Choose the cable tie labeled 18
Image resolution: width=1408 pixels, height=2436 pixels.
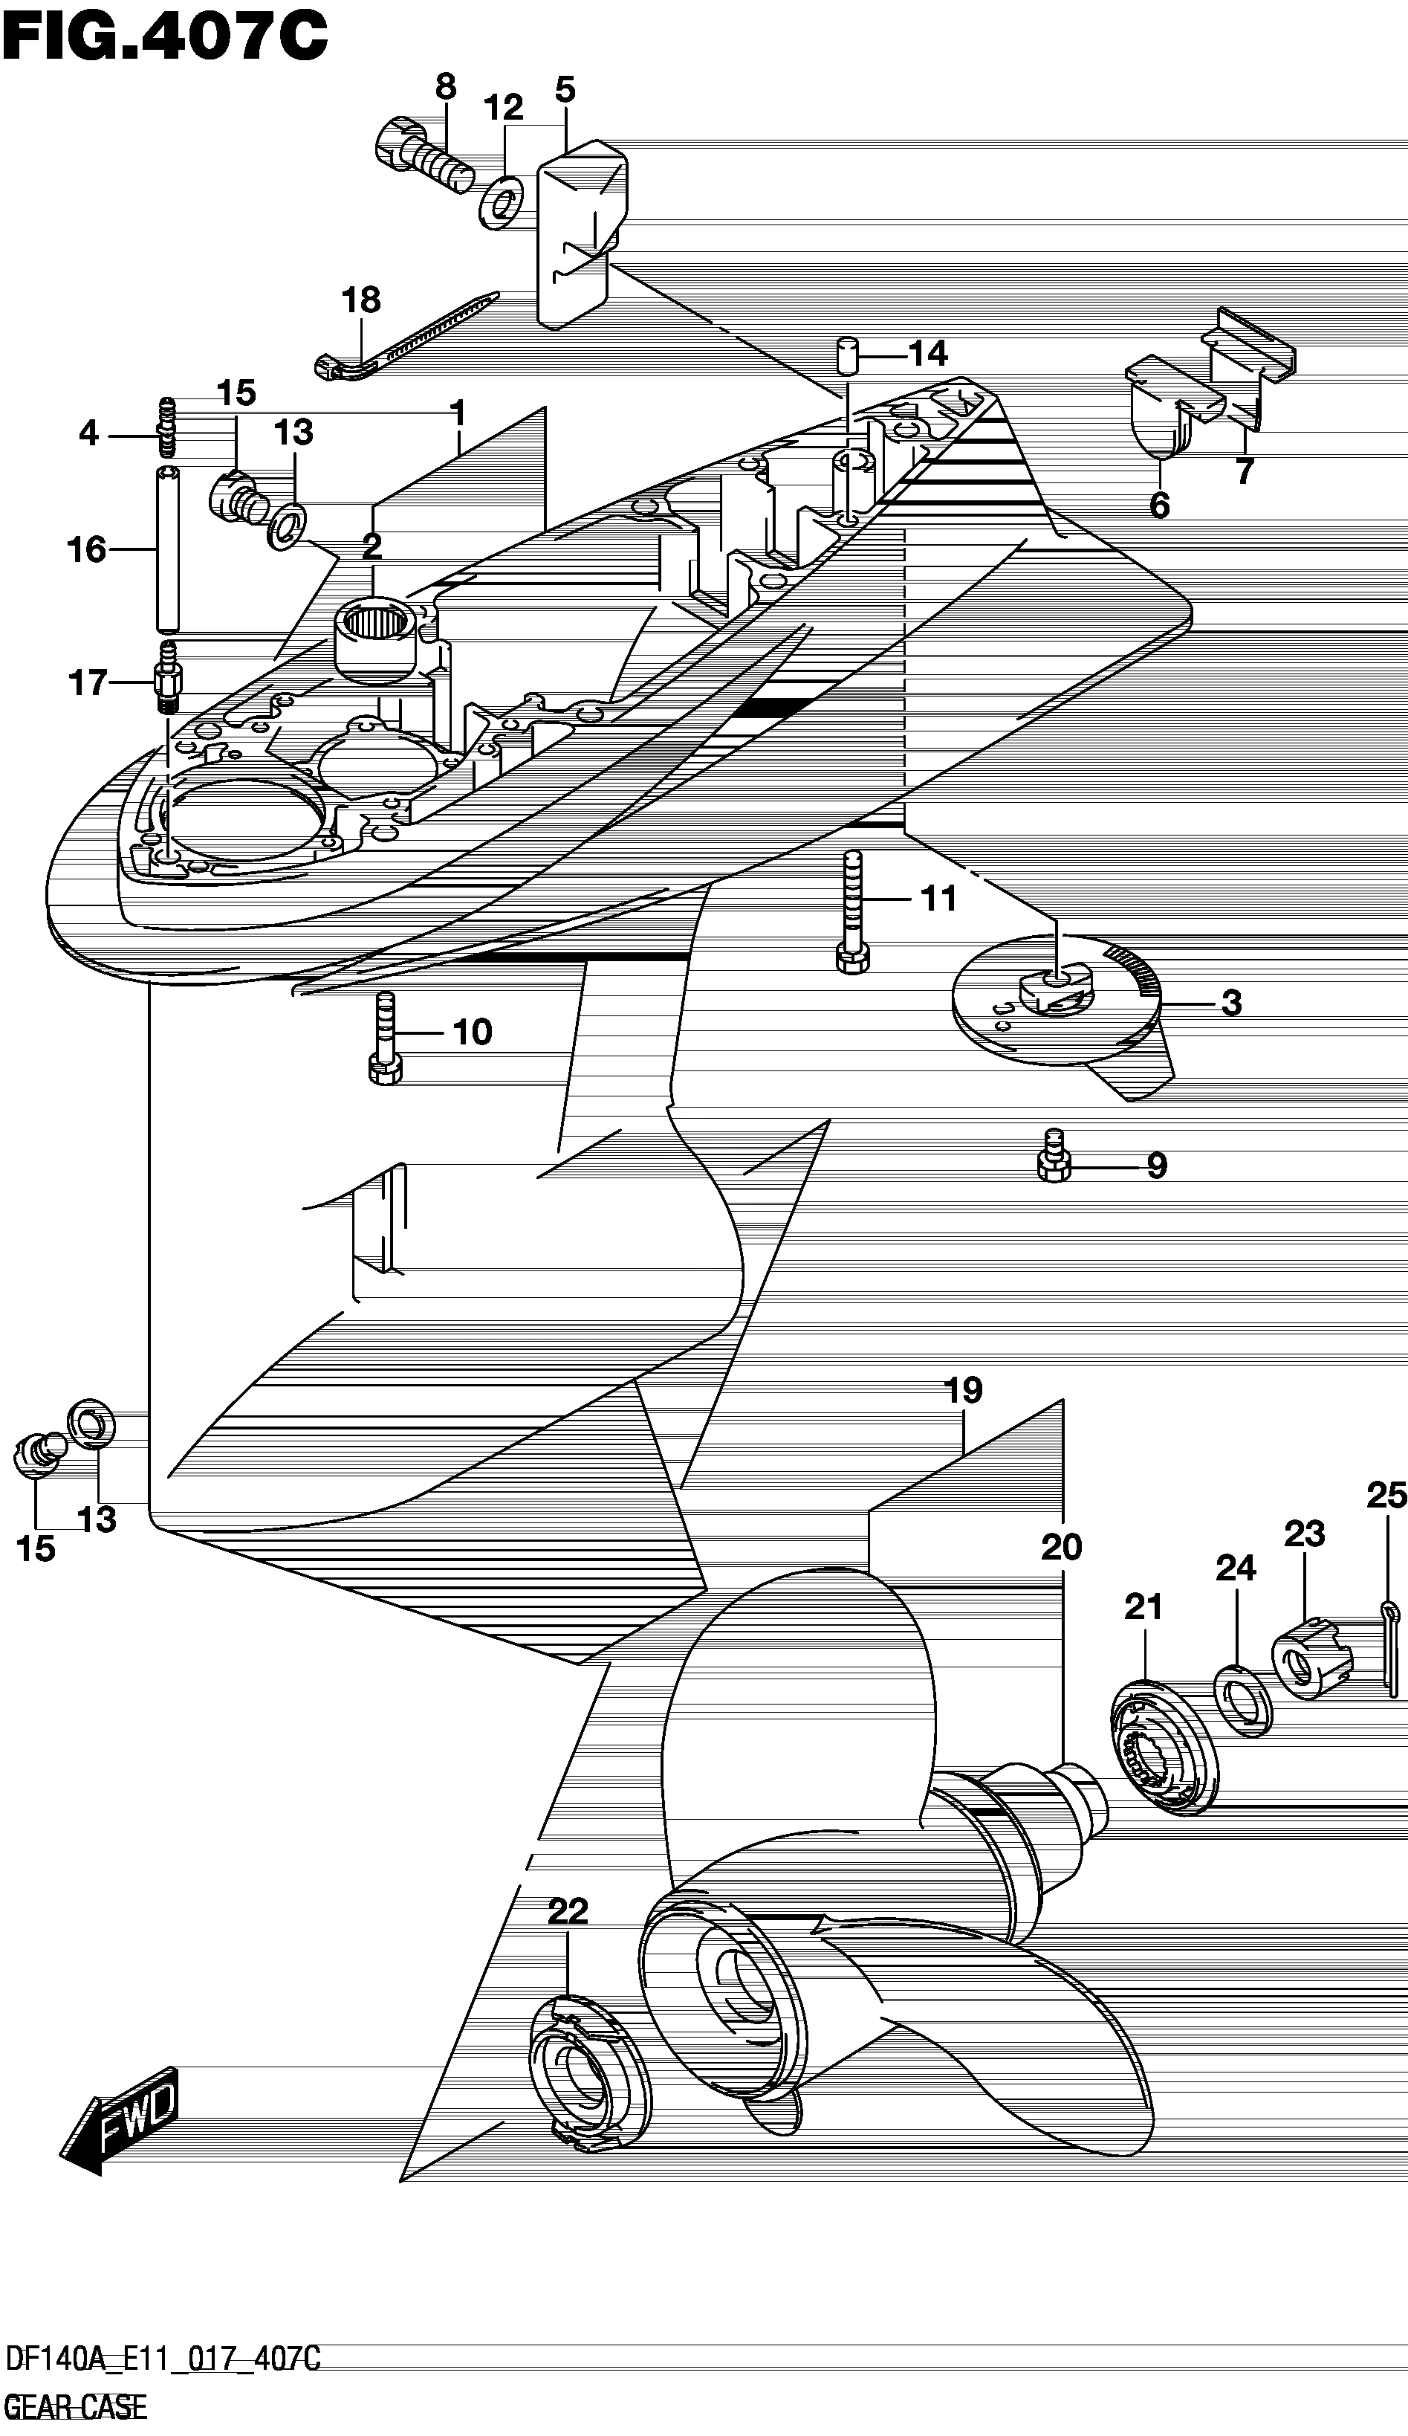[406, 334]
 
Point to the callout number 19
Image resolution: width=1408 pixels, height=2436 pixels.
[964, 1390]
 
